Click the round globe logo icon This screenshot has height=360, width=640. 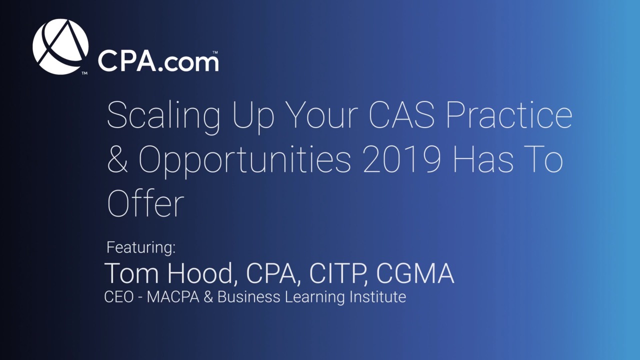tap(60, 47)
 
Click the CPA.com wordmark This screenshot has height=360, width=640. tap(158, 61)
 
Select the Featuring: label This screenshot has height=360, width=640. tap(141, 247)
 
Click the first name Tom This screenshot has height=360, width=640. tap(131, 273)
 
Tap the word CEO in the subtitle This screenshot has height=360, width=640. tap(119, 297)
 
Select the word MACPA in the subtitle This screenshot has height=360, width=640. tap(173, 297)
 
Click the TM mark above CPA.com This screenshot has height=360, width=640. tap(215, 52)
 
